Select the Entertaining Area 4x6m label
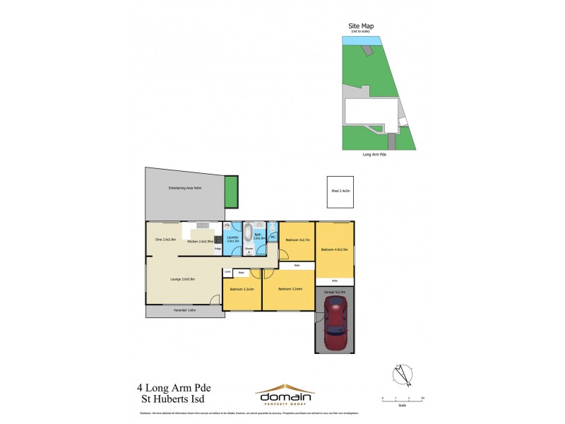185,188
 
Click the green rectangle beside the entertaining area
230,192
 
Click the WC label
272,237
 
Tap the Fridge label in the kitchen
218,249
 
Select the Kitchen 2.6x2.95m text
201,242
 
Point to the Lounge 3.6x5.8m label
182,280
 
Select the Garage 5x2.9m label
335,291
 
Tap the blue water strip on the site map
359,41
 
